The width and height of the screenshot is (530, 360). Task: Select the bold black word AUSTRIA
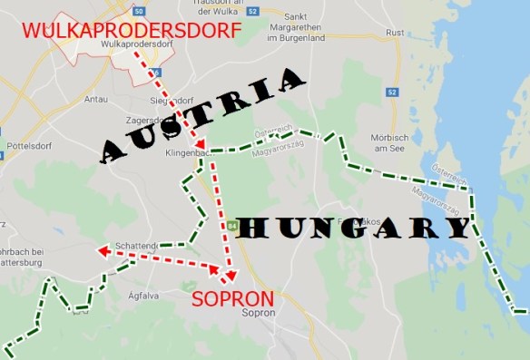(202, 115)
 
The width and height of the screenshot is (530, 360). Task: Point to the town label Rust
(395, 32)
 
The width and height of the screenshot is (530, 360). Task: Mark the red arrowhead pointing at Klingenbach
(199, 144)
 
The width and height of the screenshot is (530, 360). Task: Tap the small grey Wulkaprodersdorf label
(137, 44)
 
